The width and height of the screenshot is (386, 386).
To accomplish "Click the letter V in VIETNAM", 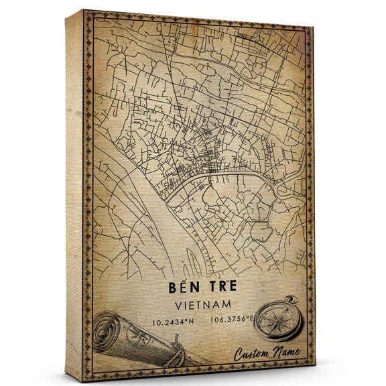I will pyautogui.click(x=176, y=304).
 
